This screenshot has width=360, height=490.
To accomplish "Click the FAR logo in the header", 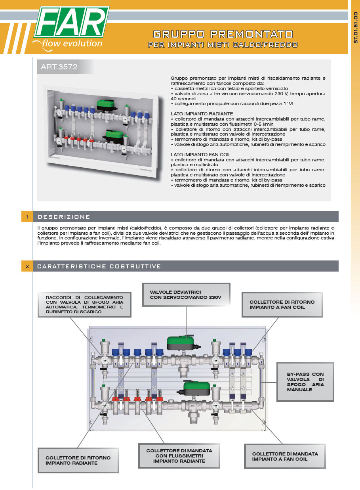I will (72, 23).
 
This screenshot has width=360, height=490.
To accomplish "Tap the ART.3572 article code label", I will (59, 67).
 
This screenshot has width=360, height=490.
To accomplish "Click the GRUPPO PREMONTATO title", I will (223, 34).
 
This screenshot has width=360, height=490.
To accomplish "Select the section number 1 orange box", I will (27, 217).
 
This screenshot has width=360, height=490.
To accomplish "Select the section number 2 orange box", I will (27, 266).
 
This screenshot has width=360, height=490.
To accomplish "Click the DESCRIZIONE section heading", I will (64, 217).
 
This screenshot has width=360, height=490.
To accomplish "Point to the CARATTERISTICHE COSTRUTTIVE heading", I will (99, 266).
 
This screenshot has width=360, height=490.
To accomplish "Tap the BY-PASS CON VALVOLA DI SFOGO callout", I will (305, 382).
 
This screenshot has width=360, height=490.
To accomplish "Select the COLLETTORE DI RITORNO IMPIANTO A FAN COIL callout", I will (282, 304).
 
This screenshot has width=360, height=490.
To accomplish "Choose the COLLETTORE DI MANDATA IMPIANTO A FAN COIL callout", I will (285, 456).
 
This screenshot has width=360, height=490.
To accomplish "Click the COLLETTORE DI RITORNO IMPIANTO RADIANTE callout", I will (78, 460).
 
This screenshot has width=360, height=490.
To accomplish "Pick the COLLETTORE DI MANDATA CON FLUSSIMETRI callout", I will (179, 456).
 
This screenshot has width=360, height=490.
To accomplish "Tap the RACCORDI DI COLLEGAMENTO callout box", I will (84, 304).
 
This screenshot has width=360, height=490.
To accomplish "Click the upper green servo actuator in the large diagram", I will (180, 343).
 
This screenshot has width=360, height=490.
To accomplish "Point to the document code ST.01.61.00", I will (355, 27).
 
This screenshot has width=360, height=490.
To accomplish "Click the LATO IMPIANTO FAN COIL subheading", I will (201, 154).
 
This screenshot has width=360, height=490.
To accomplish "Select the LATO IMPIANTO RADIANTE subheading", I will (202, 114).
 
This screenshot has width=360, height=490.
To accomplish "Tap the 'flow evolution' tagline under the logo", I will (72, 44).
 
